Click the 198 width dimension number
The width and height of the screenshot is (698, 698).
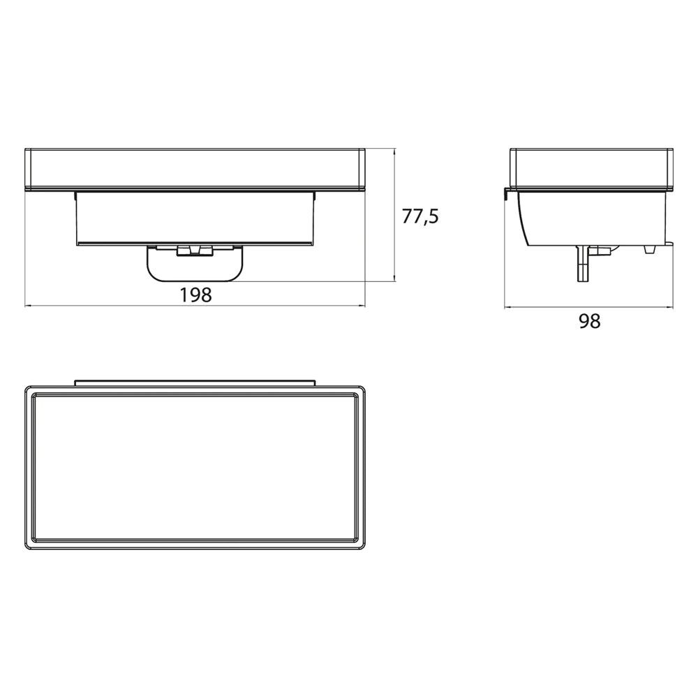[x=195, y=295]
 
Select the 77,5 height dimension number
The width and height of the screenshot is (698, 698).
[x=420, y=216]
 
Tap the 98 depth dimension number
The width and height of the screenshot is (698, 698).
[x=589, y=321]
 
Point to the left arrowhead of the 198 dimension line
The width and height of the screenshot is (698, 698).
[x=29, y=306]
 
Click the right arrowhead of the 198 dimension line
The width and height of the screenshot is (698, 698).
[x=361, y=306]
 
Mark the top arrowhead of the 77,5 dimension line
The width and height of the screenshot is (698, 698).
[x=394, y=153]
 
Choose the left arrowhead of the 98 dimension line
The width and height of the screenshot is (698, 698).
[x=508, y=306]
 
